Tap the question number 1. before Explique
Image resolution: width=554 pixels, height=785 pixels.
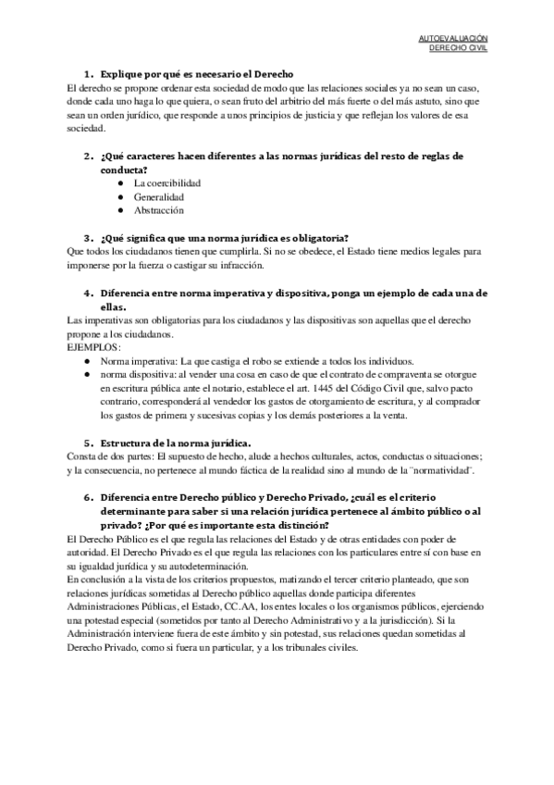pos(89,72)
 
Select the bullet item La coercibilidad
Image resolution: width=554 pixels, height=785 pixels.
pos(167,183)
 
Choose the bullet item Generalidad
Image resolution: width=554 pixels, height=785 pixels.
pos(158,197)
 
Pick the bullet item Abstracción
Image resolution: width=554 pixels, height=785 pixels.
pos(159,211)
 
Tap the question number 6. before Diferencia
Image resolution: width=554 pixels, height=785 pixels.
pos(89,497)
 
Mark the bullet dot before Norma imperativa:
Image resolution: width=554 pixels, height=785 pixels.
pos(86,361)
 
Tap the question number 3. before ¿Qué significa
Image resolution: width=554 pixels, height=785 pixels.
pos(89,238)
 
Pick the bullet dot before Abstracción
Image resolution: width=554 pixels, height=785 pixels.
pos(121,211)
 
